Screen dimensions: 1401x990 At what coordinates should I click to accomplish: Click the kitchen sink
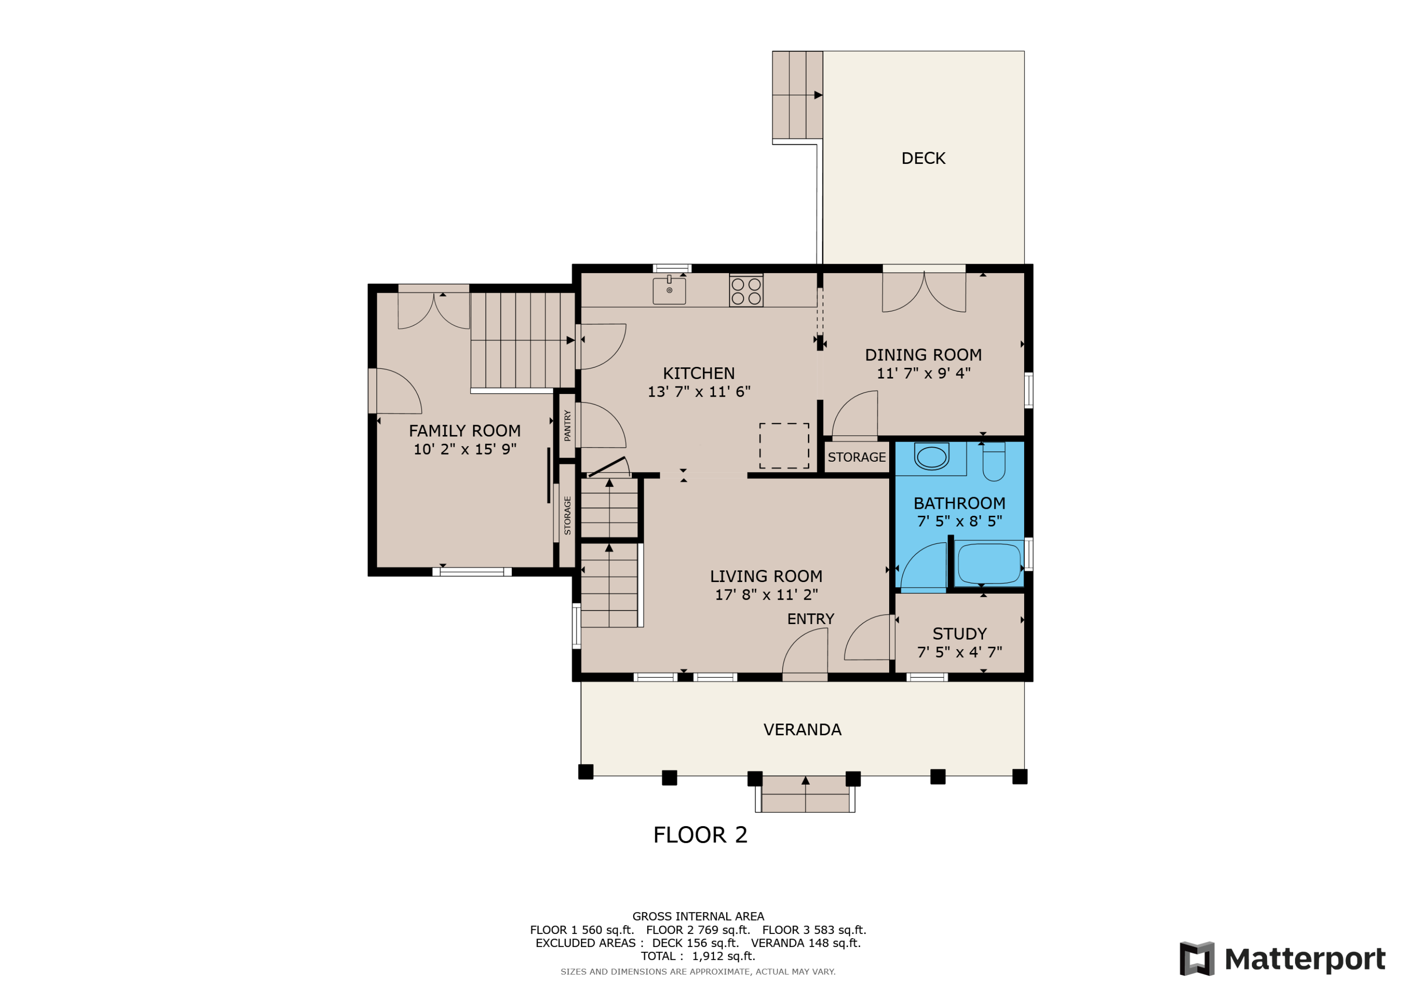pos(669,290)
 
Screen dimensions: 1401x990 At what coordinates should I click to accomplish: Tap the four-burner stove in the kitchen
pos(746,291)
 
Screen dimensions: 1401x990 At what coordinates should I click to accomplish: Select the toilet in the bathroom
pos(993,462)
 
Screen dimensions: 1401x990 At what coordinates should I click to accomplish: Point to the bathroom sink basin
pos(931,456)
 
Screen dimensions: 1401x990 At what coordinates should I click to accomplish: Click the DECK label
pos(923,159)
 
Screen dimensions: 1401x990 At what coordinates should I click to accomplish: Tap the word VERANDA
pos(802,730)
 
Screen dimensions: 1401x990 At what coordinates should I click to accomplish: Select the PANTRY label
pos(567,425)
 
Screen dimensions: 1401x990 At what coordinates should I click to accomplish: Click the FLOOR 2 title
pos(700,835)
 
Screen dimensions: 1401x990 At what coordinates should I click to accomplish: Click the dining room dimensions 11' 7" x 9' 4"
pos(923,373)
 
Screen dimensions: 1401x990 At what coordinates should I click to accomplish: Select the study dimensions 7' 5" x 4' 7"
pos(959,652)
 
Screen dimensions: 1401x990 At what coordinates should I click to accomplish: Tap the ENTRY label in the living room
pos(810,619)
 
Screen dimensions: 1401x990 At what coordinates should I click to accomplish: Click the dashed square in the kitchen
pos(784,446)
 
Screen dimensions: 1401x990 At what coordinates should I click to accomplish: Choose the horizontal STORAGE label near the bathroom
pos(856,457)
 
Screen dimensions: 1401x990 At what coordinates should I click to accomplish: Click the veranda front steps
pos(806,794)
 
